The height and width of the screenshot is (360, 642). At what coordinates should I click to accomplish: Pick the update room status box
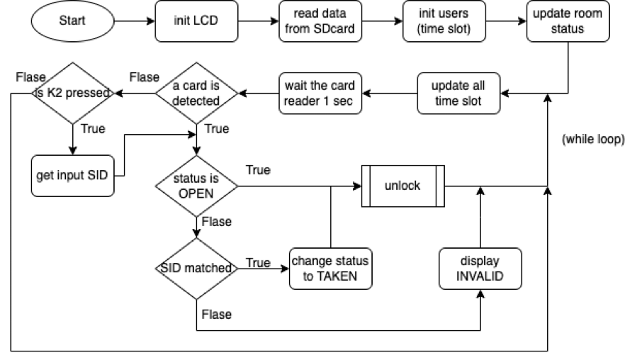click(567, 21)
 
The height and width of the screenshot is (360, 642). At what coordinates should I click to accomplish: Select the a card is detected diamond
click(196, 93)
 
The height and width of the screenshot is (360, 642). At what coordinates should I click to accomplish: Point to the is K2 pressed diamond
click(72, 93)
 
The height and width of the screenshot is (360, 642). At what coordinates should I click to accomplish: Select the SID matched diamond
click(196, 269)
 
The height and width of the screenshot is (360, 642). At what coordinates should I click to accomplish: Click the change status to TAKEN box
click(331, 269)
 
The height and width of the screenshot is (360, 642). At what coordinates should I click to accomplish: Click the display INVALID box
click(480, 269)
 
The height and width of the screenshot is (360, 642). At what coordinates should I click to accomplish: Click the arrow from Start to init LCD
click(135, 21)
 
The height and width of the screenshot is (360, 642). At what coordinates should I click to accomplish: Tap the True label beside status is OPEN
click(257, 171)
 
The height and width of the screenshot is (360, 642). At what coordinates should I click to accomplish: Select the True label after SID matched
click(258, 263)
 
